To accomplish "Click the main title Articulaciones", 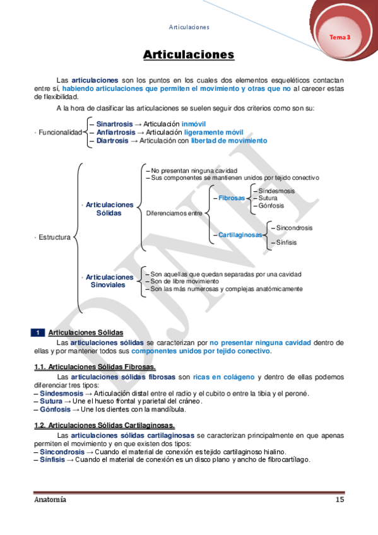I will (x=189, y=55).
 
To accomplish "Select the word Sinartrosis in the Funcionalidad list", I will (x=114, y=124).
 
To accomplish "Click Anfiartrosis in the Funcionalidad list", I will (x=116, y=132).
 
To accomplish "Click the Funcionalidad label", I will (x=60, y=132).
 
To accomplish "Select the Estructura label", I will (x=54, y=237).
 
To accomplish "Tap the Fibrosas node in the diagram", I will (x=232, y=198).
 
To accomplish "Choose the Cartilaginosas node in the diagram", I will (x=240, y=235).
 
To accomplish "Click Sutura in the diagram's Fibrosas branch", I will (x=268, y=198).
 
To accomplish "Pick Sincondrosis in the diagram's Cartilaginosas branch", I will (x=294, y=228).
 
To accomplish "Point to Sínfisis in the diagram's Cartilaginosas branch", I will (x=286, y=242).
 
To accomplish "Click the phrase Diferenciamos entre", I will (x=174, y=213).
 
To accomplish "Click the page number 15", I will (x=340, y=500).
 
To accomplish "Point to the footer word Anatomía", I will (x=50, y=500).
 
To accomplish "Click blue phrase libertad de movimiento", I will (x=229, y=141).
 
